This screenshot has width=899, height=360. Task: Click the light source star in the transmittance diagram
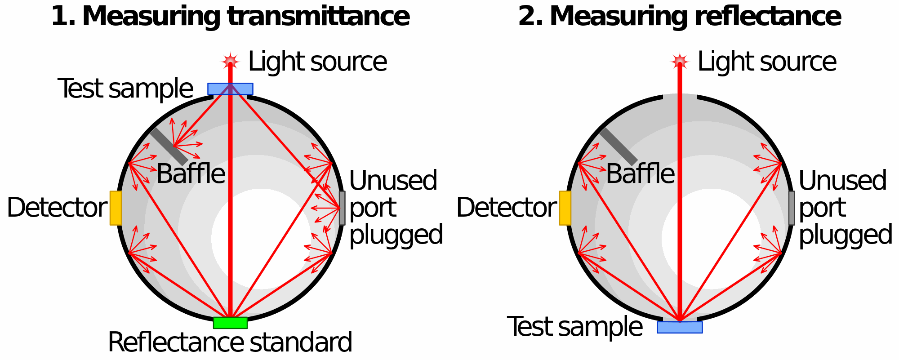point(230,61)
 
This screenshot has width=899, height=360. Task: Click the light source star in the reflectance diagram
point(680,61)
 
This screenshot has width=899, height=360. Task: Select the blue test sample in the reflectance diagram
point(680,327)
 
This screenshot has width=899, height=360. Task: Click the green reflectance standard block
point(230,323)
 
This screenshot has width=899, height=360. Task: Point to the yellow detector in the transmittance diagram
point(116,208)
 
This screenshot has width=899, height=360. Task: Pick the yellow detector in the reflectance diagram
point(565,208)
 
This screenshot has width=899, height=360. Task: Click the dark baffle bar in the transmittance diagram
point(169,147)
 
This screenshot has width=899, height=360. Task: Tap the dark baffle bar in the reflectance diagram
point(619,147)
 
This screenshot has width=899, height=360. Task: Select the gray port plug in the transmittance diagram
point(342,208)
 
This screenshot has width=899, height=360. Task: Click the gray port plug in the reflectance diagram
point(792,208)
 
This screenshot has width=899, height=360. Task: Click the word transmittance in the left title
point(318,17)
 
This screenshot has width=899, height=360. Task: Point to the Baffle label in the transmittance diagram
point(191,174)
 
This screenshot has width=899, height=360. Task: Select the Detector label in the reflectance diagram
point(506,208)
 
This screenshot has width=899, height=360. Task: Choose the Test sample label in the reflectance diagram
point(574,327)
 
